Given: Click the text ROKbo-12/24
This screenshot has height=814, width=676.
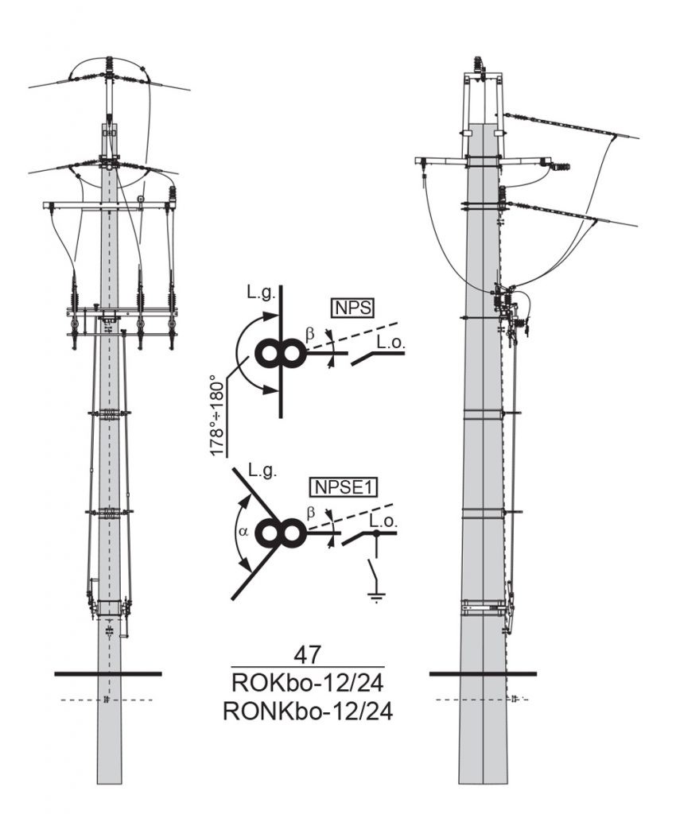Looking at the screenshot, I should tap(307, 682).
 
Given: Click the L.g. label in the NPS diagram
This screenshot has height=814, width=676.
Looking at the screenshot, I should tap(260, 294).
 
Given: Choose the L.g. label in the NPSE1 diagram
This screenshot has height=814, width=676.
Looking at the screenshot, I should tap(262, 472).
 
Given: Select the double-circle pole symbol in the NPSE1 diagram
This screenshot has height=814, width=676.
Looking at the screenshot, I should tap(280, 533).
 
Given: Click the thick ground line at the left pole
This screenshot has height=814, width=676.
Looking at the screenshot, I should tap(108, 674).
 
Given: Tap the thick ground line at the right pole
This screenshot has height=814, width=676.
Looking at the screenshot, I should tap(483, 674).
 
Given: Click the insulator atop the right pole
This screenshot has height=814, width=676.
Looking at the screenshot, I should tap(480, 66).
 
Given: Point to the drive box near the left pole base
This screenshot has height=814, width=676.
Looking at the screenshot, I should tap(111, 608).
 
